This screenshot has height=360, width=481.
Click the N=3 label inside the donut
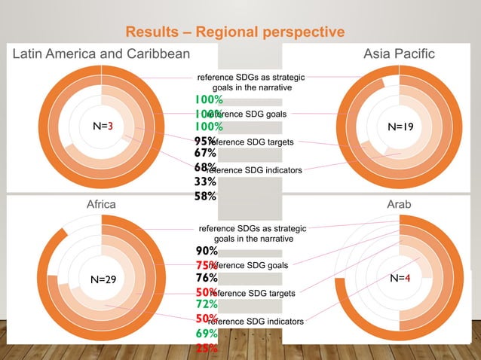[x=103, y=127]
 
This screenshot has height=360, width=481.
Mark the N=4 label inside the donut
[x=400, y=278]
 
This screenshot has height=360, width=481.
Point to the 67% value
[x=206, y=154]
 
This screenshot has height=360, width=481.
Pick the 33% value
[x=206, y=182]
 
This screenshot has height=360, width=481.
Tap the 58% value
[x=206, y=196]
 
